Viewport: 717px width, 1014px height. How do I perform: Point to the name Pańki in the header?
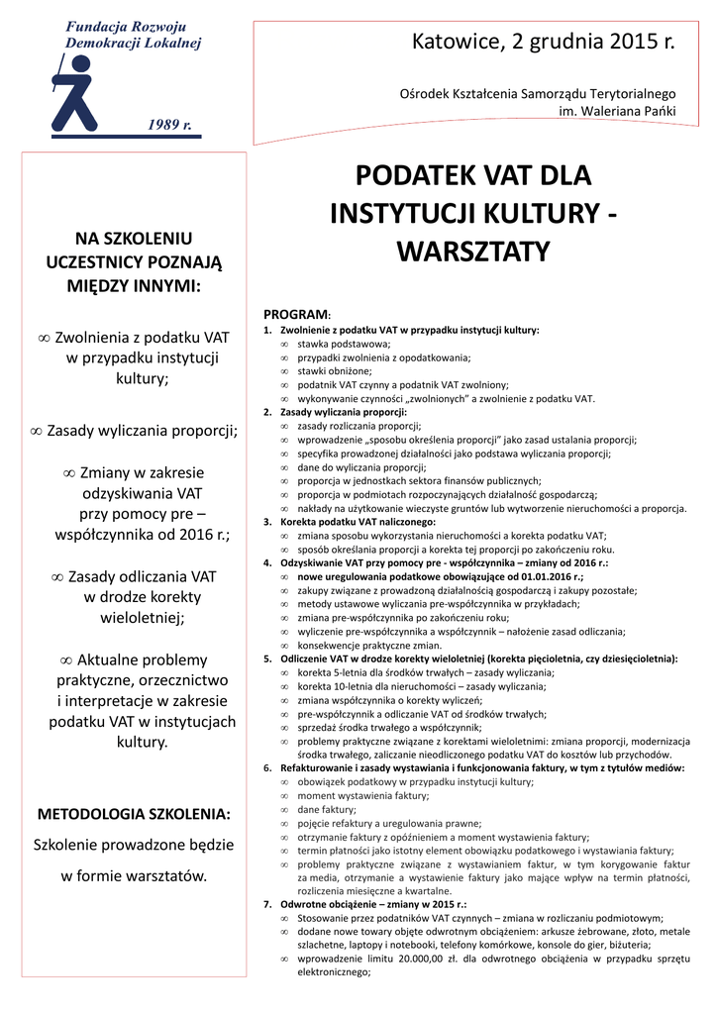click(x=657, y=110)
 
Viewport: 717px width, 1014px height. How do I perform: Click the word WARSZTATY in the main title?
click(x=472, y=252)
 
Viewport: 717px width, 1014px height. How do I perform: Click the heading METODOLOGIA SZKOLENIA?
click(x=134, y=814)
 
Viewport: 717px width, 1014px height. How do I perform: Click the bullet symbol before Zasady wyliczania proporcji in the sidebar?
click(x=36, y=431)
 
